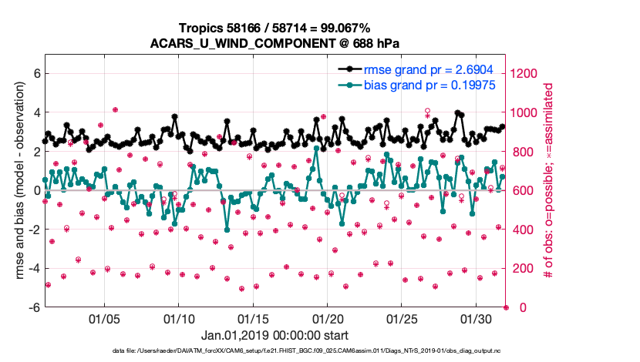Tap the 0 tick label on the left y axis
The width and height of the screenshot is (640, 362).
35,190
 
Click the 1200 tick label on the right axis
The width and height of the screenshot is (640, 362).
524,73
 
